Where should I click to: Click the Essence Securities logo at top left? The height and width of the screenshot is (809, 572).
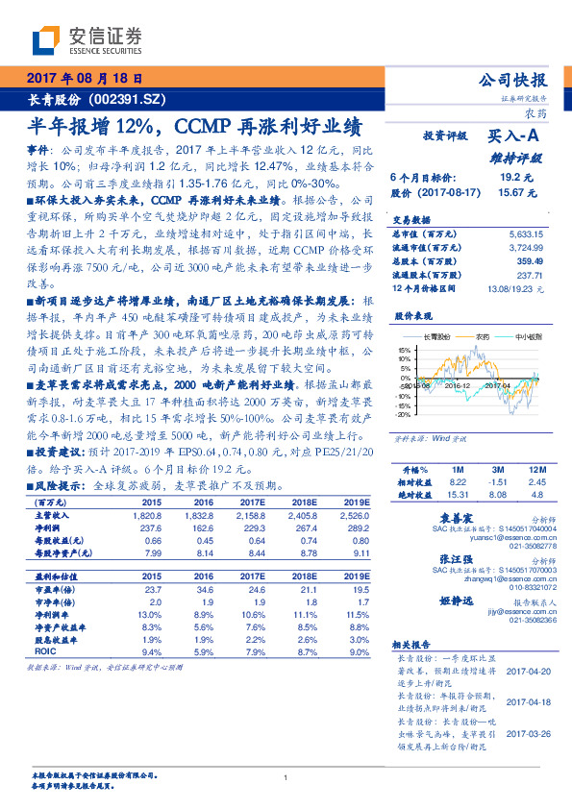pyautogui.click(x=87, y=40)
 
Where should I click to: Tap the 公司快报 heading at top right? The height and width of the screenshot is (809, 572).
pyautogui.click(x=518, y=81)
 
